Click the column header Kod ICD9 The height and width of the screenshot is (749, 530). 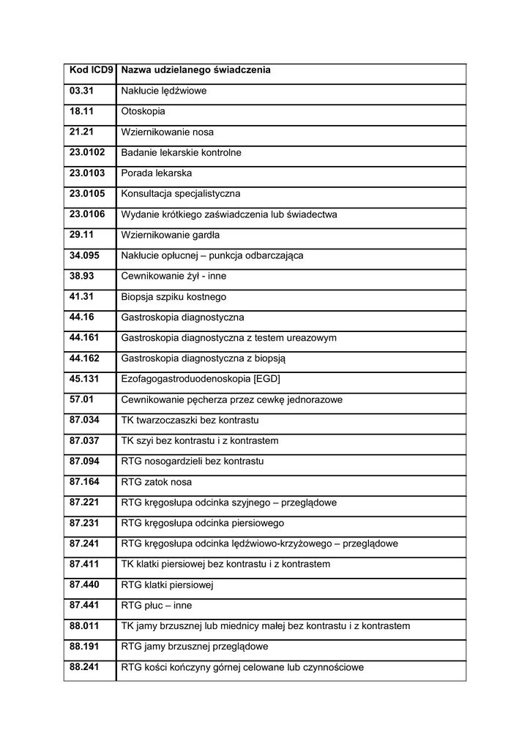(x=92, y=70)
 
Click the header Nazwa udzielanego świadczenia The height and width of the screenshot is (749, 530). (x=195, y=70)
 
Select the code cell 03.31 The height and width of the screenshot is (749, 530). (x=82, y=91)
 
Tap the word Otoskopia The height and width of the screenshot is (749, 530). (x=143, y=112)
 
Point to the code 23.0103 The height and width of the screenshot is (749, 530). (x=87, y=173)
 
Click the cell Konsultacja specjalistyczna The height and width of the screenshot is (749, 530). (x=180, y=194)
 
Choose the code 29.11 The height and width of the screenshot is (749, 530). (x=82, y=235)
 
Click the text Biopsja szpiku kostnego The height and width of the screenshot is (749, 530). (x=173, y=297)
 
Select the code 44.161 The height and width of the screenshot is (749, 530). (x=84, y=338)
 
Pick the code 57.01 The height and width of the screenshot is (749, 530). (x=82, y=399)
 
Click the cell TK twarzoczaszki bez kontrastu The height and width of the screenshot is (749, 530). (x=190, y=421)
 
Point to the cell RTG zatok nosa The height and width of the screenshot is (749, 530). (x=156, y=482)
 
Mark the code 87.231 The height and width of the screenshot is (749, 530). (x=84, y=523)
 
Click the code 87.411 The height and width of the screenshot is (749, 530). (x=84, y=564)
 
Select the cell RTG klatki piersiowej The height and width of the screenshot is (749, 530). (x=167, y=585)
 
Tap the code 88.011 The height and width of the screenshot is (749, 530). (x=84, y=626)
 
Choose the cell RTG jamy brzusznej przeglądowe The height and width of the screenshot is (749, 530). (x=195, y=647)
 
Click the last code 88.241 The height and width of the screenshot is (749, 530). (x=84, y=667)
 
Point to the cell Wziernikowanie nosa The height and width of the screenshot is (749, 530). (x=167, y=132)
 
